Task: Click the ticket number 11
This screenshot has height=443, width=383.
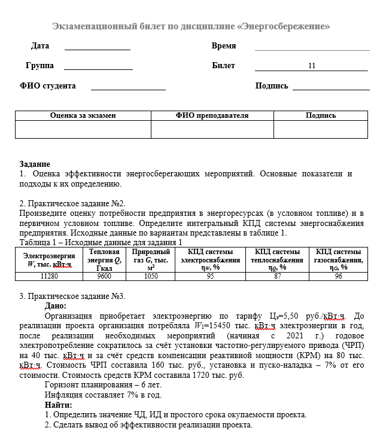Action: point(312,66)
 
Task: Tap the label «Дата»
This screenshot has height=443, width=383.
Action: point(40,46)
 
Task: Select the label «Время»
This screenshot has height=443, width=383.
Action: point(224,46)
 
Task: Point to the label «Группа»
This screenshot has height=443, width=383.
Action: point(39,66)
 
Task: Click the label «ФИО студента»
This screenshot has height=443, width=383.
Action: point(48,86)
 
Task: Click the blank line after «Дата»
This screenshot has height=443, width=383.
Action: point(97,47)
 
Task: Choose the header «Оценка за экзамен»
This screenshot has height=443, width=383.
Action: point(83,115)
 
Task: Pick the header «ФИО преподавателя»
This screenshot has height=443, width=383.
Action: point(212,115)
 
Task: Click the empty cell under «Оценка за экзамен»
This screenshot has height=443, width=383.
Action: point(83,129)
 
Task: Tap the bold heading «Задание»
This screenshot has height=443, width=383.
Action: point(35,164)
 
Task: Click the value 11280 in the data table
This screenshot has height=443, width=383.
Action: point(49,276)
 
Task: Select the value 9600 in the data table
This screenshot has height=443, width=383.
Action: point(104,276)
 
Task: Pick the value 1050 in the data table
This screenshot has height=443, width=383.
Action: point(151,276)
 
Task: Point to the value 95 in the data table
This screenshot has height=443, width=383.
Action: point(210,276)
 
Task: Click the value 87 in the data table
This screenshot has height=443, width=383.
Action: point(277,276)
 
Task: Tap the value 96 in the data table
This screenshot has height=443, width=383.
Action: point(339,276)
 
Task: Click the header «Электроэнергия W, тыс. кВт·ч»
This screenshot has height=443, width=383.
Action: point(49,259)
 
